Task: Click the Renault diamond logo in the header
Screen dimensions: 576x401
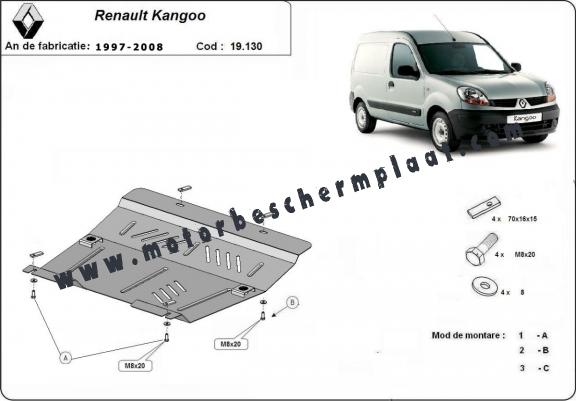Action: (28, 21)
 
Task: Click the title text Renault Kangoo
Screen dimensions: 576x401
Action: (150, 15)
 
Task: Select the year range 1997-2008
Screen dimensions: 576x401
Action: (129, 47)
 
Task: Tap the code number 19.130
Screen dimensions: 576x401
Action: (246, 46)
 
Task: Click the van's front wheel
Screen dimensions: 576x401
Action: (442, 131)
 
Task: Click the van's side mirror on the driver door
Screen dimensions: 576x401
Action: (408, 71)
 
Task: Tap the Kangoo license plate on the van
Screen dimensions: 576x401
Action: (524, 118)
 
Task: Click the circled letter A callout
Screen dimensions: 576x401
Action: (65, 357)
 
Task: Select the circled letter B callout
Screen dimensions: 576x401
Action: (292, 303)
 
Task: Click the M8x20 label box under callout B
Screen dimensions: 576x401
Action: (231, 344)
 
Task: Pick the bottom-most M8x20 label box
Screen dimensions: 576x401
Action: (135, 366)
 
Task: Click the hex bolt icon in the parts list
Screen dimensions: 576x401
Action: (482, 249)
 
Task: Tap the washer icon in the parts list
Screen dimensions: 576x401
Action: (485, 286)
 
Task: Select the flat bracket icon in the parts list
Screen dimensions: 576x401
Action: (484, 207)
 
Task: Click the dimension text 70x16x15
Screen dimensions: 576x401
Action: (522, 219)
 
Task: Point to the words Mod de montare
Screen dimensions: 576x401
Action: (468, 335)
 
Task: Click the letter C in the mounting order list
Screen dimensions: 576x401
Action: (545, 368)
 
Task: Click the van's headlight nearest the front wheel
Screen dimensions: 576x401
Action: (473, 95)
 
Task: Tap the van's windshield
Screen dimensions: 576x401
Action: (464, 58)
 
